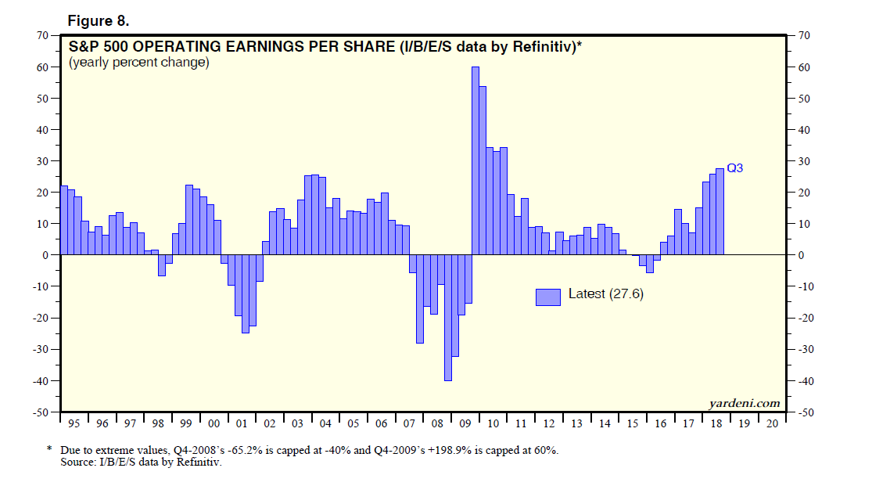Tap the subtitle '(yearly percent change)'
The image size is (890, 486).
click(139, 63)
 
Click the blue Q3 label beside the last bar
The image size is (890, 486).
click(735, 167)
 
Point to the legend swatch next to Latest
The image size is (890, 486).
click(548, 296)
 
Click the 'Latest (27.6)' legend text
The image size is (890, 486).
click(605, 294)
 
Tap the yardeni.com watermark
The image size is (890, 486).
click(745, 403)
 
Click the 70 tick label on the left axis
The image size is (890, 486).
click(41, 36)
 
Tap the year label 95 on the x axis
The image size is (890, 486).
click(74, 423)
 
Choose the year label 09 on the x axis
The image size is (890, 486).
click(465, 423)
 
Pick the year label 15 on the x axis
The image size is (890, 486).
click(632, 423)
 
